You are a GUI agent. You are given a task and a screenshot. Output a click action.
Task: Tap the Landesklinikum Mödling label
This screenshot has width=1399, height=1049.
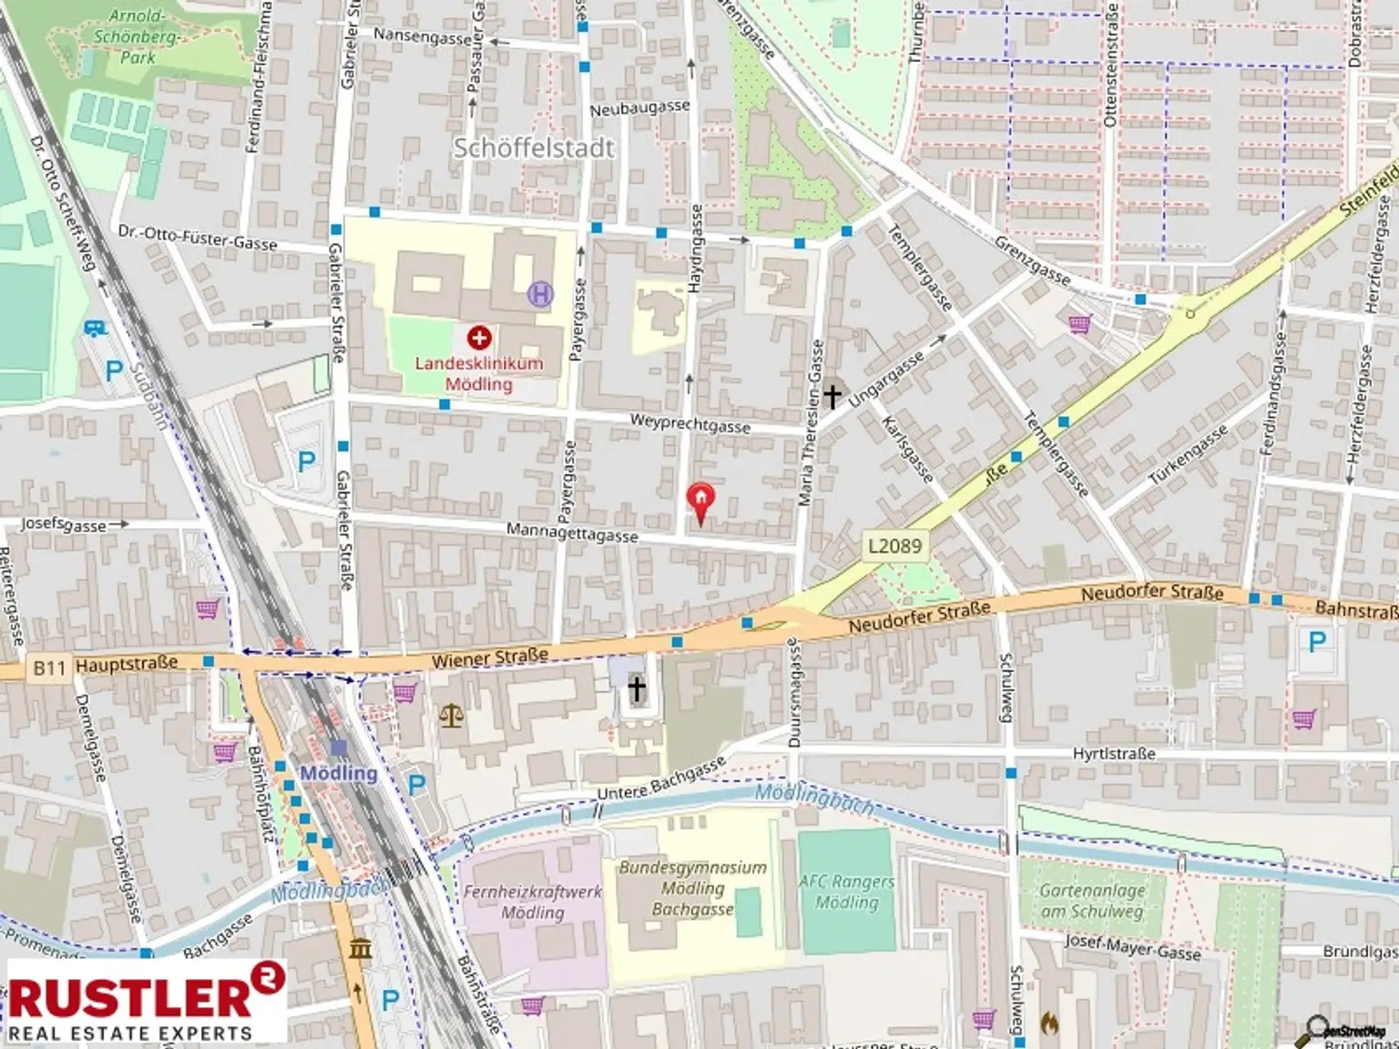tap(479, 373)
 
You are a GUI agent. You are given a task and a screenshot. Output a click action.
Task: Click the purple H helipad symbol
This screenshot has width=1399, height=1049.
tap(540, 294)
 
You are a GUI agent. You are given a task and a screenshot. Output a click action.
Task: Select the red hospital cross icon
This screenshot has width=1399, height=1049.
tap(479, 339)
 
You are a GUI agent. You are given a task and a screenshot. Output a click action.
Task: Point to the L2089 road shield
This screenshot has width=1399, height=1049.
tap(894, 545)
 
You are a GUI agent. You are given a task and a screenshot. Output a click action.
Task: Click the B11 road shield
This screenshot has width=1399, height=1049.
tap(49, 668)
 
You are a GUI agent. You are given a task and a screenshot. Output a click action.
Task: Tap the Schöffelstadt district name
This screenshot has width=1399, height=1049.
tap(534, 148)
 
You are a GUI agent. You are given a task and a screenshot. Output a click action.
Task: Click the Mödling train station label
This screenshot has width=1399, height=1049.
tap(339, 773)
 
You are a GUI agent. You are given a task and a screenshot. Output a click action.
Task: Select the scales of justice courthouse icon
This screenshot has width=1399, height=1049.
tap(451, 713)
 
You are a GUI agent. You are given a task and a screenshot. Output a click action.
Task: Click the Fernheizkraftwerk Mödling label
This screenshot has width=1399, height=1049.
tap(533, 901)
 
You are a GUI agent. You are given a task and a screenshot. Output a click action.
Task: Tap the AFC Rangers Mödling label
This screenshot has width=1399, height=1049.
tap(846, 891)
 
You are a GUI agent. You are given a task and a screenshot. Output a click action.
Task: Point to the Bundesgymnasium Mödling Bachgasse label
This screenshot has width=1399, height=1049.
tap(692, 888)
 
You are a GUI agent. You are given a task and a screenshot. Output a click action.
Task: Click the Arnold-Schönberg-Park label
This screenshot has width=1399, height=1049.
tap(138, 36)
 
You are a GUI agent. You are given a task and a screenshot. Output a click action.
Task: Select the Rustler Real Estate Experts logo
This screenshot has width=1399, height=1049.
tap(146, 1001)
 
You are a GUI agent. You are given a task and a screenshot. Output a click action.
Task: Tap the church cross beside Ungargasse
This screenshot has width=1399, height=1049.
tap(832, 396)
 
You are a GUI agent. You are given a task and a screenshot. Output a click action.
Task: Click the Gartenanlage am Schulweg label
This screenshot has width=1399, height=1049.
tap(1091, 901)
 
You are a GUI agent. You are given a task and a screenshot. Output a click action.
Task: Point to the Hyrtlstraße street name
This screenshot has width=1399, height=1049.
tap(1114, 754)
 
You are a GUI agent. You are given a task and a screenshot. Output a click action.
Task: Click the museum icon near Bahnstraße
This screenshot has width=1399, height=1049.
tap(360, 949)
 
